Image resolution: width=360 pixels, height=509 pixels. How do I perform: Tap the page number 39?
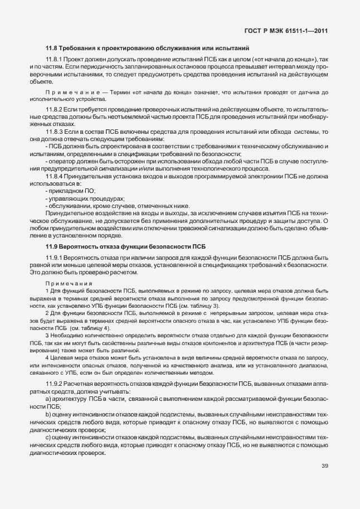tap(325, 466)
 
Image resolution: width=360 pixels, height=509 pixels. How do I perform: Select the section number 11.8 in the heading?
tap(52, 49)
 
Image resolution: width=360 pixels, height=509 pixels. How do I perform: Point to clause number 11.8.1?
tap(54, 59)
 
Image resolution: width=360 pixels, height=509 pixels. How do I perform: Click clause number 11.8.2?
tap(54, 110)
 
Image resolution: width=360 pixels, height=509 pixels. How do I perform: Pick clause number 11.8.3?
tap(54, 131)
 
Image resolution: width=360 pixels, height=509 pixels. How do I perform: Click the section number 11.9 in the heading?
tap(52, 246)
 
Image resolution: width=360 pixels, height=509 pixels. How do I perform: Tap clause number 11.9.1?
tap(54, 258)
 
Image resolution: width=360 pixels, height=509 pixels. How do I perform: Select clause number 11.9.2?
tap(54, 385)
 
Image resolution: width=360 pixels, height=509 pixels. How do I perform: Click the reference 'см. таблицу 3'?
tap(199, 306)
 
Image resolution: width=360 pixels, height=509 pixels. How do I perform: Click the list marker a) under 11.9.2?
tap(48, 400)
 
